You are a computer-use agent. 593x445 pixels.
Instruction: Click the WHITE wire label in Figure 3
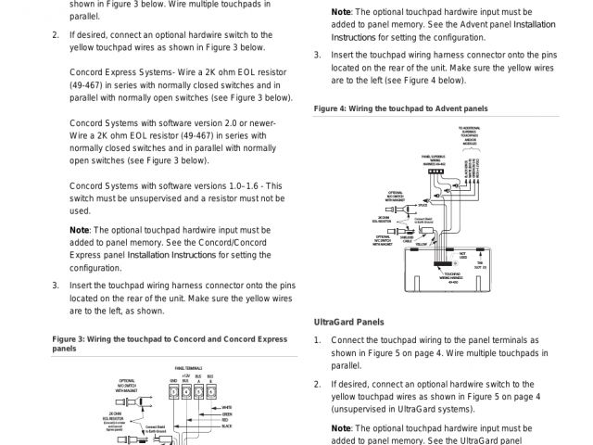click(226, 405)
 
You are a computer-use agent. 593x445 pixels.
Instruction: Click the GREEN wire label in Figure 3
click(227, 413)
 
